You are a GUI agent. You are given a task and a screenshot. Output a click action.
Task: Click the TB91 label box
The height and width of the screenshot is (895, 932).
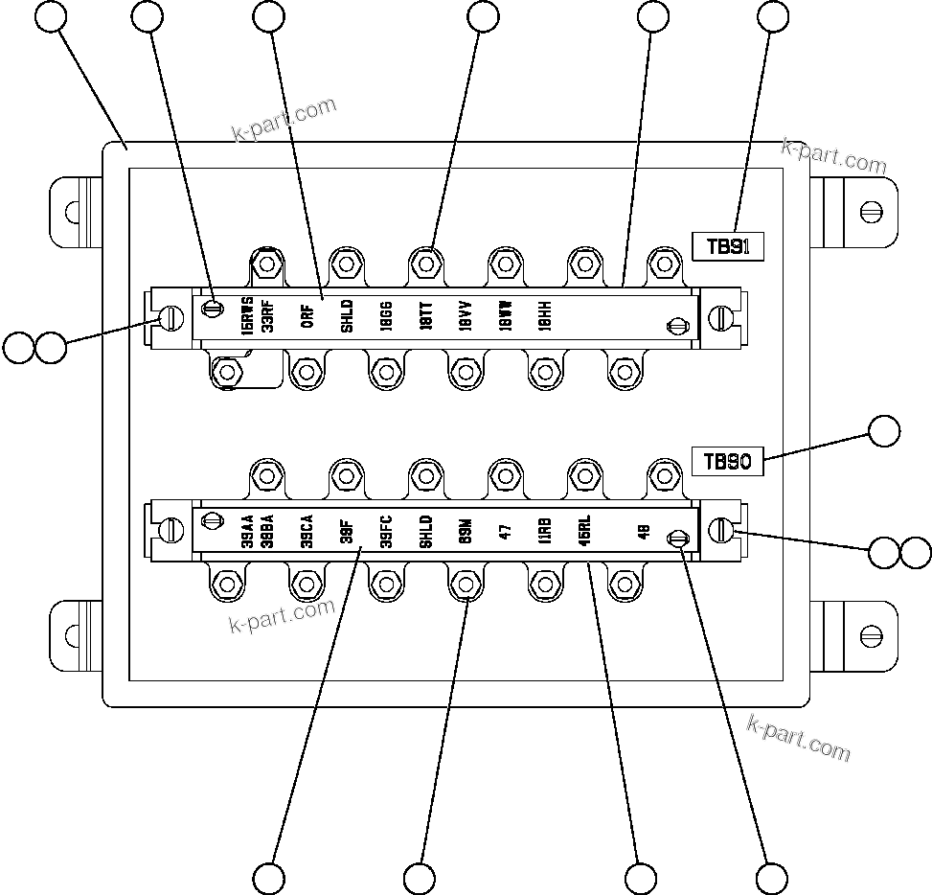pos(727,246)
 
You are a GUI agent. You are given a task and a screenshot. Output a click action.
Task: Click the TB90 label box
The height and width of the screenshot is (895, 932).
pos(727,461)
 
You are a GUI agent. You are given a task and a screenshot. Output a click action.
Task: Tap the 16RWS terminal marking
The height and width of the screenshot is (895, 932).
pos(247,314)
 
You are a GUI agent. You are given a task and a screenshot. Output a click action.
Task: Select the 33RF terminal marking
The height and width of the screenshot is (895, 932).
pos(267,314)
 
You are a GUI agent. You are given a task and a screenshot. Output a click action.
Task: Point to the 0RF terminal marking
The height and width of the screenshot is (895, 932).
pos(307,316)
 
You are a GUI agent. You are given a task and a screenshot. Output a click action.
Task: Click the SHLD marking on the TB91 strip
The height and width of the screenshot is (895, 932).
pos(347,315)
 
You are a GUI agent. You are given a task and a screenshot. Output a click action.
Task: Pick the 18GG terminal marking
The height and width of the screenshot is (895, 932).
pos(386,315)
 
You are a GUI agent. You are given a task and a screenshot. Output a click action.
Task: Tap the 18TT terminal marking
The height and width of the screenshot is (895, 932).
pos(426,315)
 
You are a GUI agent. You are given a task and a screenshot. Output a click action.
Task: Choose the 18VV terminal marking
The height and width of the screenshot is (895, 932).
pos(466,315)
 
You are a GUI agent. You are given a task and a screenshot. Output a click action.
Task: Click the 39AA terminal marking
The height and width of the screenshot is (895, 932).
pos(247,529)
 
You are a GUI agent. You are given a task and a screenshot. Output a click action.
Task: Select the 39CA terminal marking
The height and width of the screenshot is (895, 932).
pos(307,529)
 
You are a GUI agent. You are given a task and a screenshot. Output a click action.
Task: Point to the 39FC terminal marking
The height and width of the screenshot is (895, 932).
pos(386,529)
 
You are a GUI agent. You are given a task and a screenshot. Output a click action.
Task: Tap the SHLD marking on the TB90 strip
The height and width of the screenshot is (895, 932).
pos(426,529)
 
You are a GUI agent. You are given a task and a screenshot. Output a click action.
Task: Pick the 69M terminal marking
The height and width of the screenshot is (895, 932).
pos(466,529)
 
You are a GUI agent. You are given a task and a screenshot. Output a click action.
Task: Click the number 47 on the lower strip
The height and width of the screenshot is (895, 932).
pos(505,529)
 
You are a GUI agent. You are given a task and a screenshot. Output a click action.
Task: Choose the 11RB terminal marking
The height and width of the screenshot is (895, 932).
pos(545,529)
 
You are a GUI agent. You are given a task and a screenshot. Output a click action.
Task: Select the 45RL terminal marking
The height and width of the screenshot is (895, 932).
pos(584,529)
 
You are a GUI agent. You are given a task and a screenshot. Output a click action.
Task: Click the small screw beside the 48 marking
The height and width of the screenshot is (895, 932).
pos(678,539)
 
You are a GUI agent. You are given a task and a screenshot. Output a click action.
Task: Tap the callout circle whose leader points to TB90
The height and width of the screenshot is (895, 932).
pos(883,432)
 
